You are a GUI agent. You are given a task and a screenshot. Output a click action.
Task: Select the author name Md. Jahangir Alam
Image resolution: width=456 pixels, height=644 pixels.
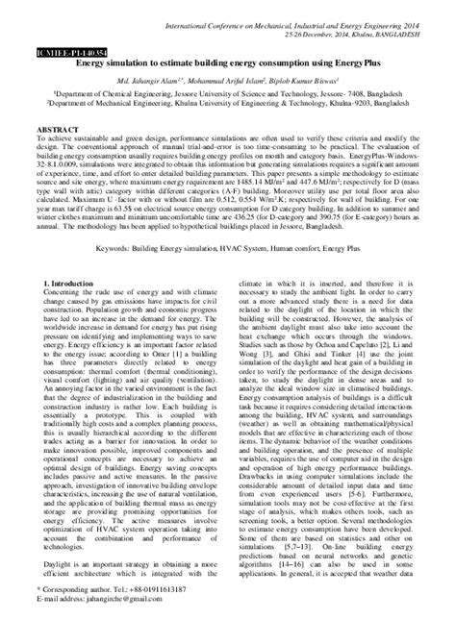(166, 84)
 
